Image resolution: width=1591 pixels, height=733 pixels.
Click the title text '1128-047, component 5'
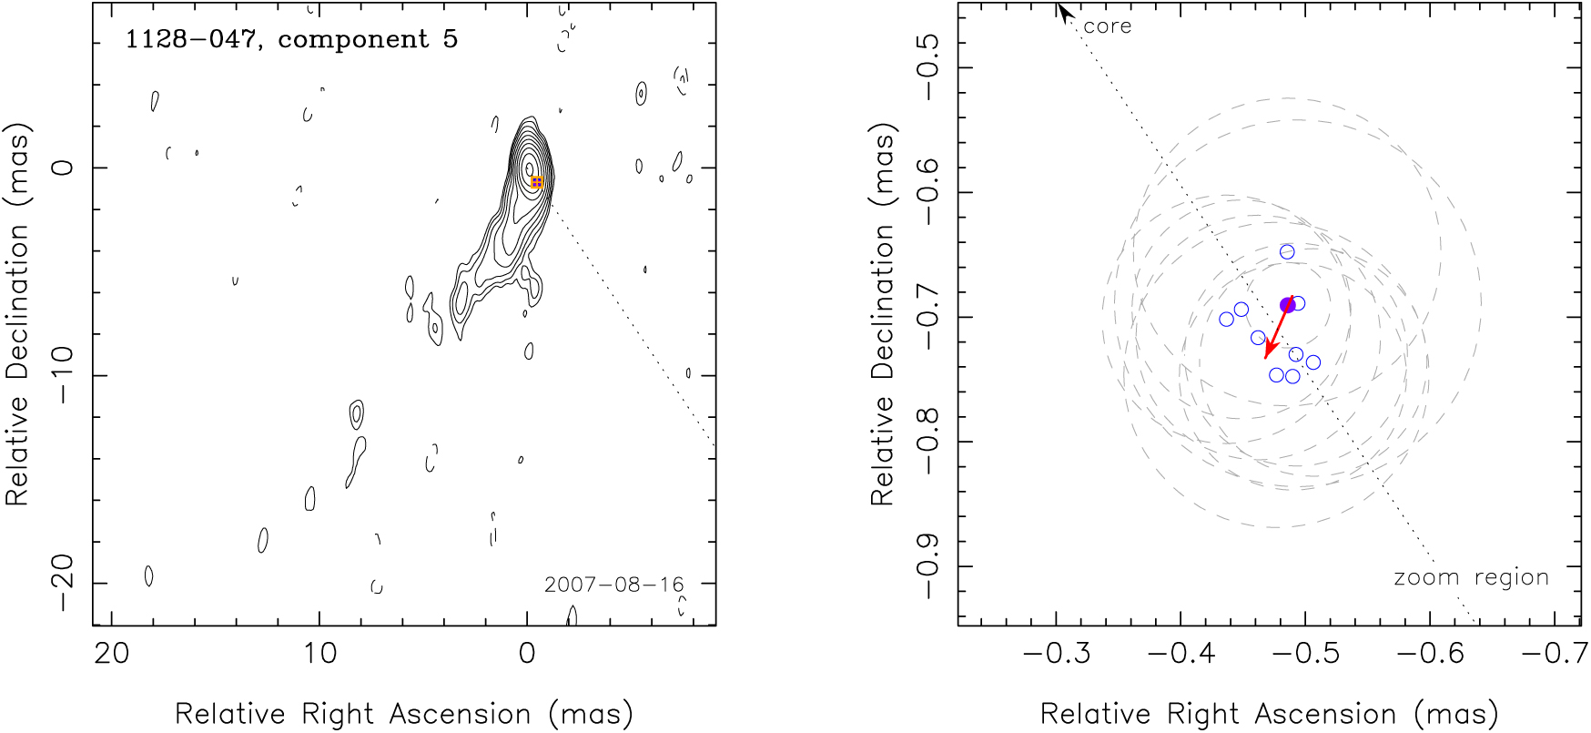pyautogui.click(x=291, y=39)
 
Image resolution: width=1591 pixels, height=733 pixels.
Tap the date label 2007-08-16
pyautogui.click(x=613, y=585)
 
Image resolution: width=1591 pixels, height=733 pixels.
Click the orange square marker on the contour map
pyautogui.click(x=537, y=182)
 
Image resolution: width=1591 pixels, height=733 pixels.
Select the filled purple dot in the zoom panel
pyautogui.click(x=1287, y=305)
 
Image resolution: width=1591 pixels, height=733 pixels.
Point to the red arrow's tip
pyautogui.click(x=1266, y=358)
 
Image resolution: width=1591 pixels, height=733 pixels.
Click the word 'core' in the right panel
pyautogui.click(x=1108, y=26)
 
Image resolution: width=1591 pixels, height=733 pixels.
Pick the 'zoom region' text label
pyautogui.click(x=1471, y=577)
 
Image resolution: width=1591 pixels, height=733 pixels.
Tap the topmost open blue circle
pyautogui.click(x=1287, y=252)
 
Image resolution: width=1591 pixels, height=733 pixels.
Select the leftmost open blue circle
pyautogui.click(x=1227, y=320)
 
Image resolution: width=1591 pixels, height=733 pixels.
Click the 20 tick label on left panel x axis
pyautogui.click(x=112, y=654)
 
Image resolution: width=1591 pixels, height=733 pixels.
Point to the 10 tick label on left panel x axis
pyautogui.click(x=319, y=654)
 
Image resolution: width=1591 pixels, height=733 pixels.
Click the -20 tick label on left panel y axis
pyautogui.click(x=62, y=583)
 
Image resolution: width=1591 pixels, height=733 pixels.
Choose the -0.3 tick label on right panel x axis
pyautogui.click(x=1056, y=654)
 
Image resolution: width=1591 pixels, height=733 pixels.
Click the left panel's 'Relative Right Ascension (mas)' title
pyautogui.click(x=403, y=714)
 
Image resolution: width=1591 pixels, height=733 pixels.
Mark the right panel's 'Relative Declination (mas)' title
pyautogui.click(x=883, y=314)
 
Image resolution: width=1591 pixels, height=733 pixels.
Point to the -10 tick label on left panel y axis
pyautogui.click(x=62, y=375)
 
